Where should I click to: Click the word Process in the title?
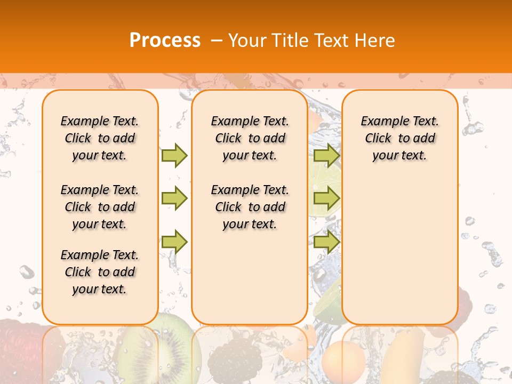(165, 40)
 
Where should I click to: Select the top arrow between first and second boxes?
(174, 155)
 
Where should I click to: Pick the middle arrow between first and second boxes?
(174, 198)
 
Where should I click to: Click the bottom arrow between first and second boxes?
(174, 242)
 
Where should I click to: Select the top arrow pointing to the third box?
(326, 155)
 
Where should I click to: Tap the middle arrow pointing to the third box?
(326, 198)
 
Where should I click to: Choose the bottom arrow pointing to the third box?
(326, 242)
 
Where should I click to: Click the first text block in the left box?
(100, 138)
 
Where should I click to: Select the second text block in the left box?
(100, 207)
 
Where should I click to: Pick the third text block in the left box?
(100, 272)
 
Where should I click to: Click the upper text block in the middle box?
(250, 138)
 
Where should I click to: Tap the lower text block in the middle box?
(250, 207)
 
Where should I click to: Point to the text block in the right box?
(400, 138)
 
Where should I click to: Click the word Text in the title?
(330, 41)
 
